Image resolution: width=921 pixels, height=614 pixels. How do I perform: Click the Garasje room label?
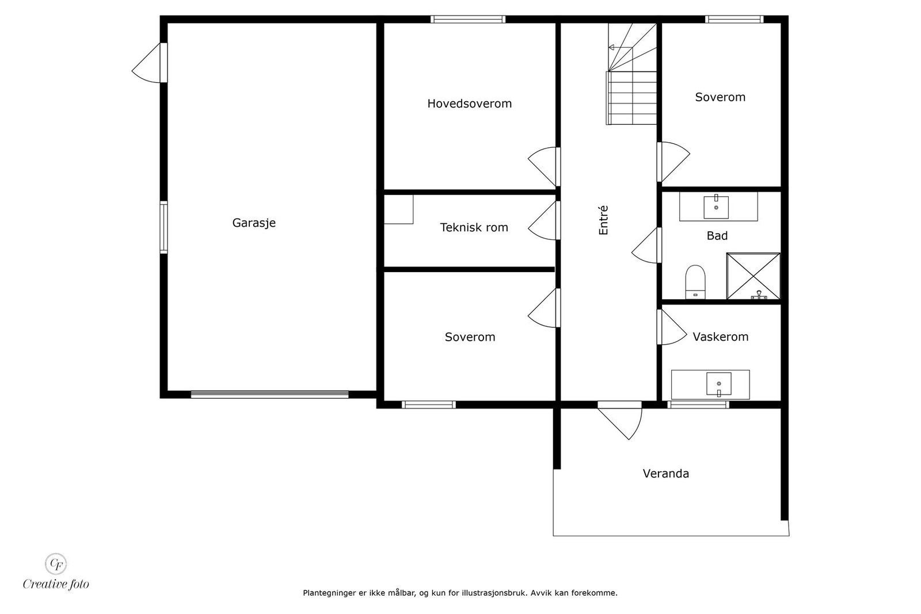click(254, 223)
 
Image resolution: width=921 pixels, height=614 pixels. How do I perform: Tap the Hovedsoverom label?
click(470, 104)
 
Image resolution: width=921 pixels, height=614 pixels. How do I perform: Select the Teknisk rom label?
click(474, 227)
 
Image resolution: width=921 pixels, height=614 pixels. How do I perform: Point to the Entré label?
click(603, 220)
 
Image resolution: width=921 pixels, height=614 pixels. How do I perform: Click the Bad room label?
click(717, 235)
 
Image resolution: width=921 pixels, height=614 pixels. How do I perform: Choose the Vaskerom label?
click(720, 337)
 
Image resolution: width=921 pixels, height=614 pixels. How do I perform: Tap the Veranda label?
click(665, 474)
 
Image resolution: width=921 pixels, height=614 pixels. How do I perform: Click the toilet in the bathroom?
click(695, 282)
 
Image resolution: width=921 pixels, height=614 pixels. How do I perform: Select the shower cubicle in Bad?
click(753, 276)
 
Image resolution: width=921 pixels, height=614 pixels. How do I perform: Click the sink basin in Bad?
click(716, 207)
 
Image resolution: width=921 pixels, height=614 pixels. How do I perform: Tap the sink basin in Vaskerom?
click(719, 384)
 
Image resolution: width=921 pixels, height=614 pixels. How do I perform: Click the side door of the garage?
click(150, 63)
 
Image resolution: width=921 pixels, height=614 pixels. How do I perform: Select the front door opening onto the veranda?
click(619, 420)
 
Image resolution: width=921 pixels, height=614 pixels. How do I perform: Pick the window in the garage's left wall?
click(163, 227)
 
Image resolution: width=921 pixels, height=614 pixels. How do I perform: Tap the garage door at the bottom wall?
click(270, 395)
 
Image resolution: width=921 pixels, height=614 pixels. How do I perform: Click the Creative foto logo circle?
click(56, 564)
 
